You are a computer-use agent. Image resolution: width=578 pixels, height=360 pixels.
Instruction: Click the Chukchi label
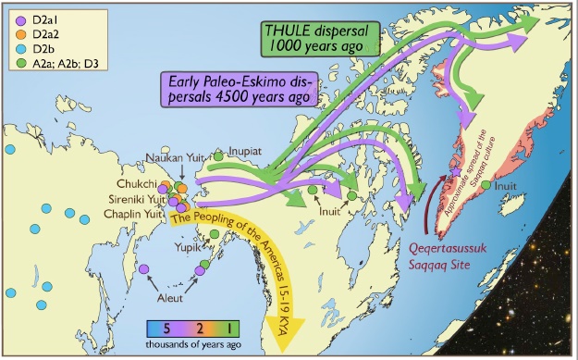pyautogui.click(x=135, y=182)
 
